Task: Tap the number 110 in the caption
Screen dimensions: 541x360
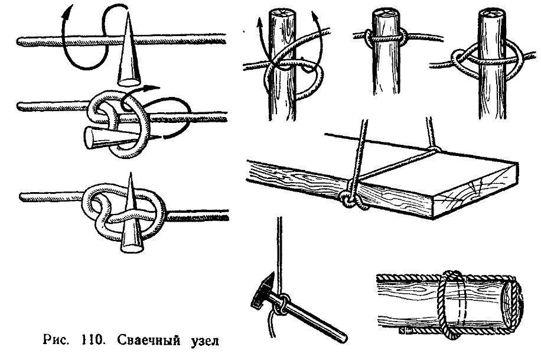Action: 93,340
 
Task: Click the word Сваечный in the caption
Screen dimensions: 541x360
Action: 148,340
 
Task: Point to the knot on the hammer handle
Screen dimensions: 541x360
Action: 282,303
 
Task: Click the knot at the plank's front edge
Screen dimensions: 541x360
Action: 351,199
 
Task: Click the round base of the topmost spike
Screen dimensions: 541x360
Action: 129,82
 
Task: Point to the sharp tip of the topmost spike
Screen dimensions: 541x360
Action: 128,12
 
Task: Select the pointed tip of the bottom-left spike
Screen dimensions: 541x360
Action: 131,173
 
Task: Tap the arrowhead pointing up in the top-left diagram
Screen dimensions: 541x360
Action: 69,11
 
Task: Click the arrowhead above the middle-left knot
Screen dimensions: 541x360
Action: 152,88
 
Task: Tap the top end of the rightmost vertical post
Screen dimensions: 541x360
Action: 492,13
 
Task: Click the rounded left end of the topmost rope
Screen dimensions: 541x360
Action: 19,42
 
